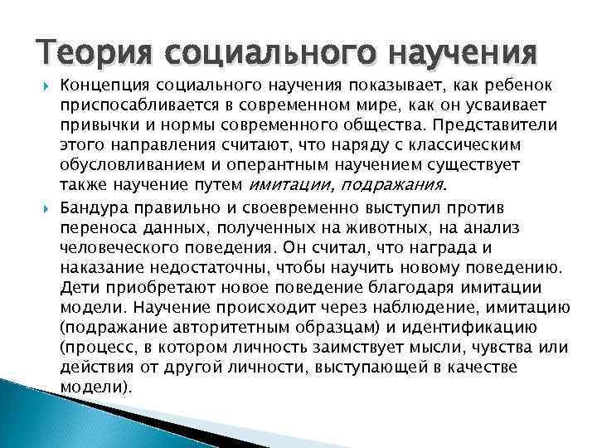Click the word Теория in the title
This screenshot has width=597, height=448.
[x=93, y=53]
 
